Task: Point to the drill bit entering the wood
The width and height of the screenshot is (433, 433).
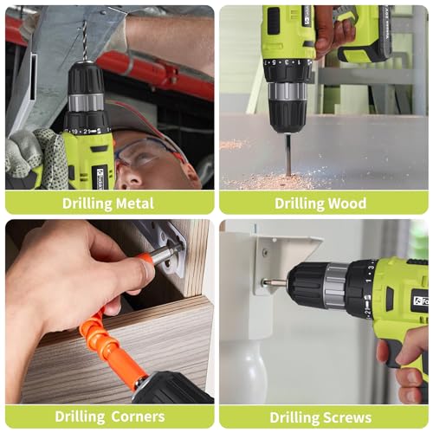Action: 288,153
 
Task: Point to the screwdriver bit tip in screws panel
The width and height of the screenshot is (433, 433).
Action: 269,281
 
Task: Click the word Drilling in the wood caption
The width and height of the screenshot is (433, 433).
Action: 299,204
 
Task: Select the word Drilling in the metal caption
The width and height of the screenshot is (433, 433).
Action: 87,204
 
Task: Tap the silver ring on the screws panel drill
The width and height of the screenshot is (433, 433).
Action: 335,286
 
